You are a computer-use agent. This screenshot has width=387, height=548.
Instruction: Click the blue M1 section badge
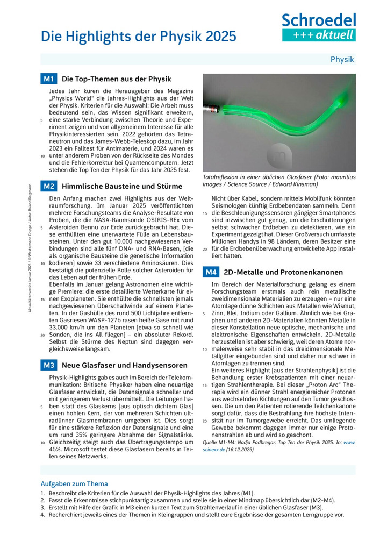tap(48, 79)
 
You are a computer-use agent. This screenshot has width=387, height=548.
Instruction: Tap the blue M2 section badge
tap(48, 187)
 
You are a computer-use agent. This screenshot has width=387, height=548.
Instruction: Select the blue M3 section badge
tap(48, 366)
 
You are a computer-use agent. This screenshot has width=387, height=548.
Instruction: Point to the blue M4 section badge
tap(211, 272)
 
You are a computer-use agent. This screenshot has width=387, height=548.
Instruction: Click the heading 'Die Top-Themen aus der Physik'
tap(102, 79)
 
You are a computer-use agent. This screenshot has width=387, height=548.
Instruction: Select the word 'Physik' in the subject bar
tap(342, 59)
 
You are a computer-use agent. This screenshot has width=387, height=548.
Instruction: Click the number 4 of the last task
tap(42, 515)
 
